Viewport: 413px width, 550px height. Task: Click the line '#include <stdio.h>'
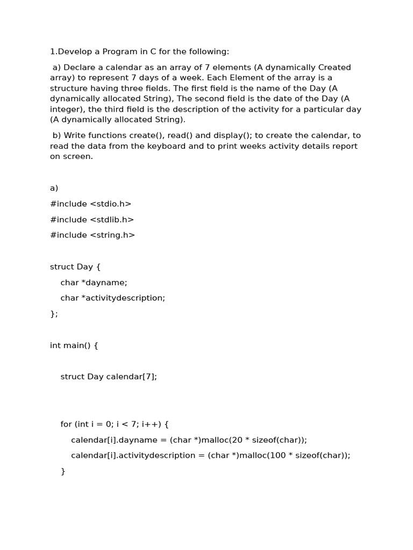pos(90,204)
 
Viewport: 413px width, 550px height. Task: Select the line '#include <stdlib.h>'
pos(92,220)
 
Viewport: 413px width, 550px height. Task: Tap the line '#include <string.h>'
pos(92,235)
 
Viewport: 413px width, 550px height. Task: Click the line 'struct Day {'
pos(75,267)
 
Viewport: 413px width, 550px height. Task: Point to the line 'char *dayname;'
pos(94,283)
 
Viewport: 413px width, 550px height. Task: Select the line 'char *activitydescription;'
pos(112,298)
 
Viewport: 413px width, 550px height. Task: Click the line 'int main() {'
pos(74,345)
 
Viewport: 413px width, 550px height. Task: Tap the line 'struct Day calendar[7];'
pos(109,377)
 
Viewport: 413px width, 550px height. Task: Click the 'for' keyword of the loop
pos(66,424)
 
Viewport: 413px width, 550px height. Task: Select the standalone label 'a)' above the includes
pos(54,188)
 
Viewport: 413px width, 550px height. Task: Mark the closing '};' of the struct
pos(54,314)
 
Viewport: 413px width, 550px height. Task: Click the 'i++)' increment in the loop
pos(151,424)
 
